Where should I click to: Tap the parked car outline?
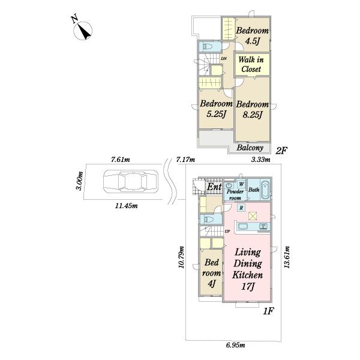point(131,181)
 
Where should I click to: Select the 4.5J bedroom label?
point(253,36)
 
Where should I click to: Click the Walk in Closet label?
point(251,64)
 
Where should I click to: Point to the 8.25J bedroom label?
point(253,109)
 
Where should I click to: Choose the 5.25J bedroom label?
point(216,109)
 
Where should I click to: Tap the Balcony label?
point(250,148)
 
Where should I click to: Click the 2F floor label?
point(281,151)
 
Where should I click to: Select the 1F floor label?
point(268,311)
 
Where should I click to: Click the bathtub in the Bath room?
point(265,190)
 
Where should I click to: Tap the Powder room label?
point(235,194)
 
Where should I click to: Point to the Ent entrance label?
point(214,187)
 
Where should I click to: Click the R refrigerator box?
point(241,208)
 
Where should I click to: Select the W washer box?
point(241,184)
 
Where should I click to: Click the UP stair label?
point(227,232)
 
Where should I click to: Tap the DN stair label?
point(224,59)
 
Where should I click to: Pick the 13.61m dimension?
point(287,257)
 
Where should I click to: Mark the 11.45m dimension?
point(126,206)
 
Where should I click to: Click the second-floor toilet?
point(208,47)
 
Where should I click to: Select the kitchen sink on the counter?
point(243,227)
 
